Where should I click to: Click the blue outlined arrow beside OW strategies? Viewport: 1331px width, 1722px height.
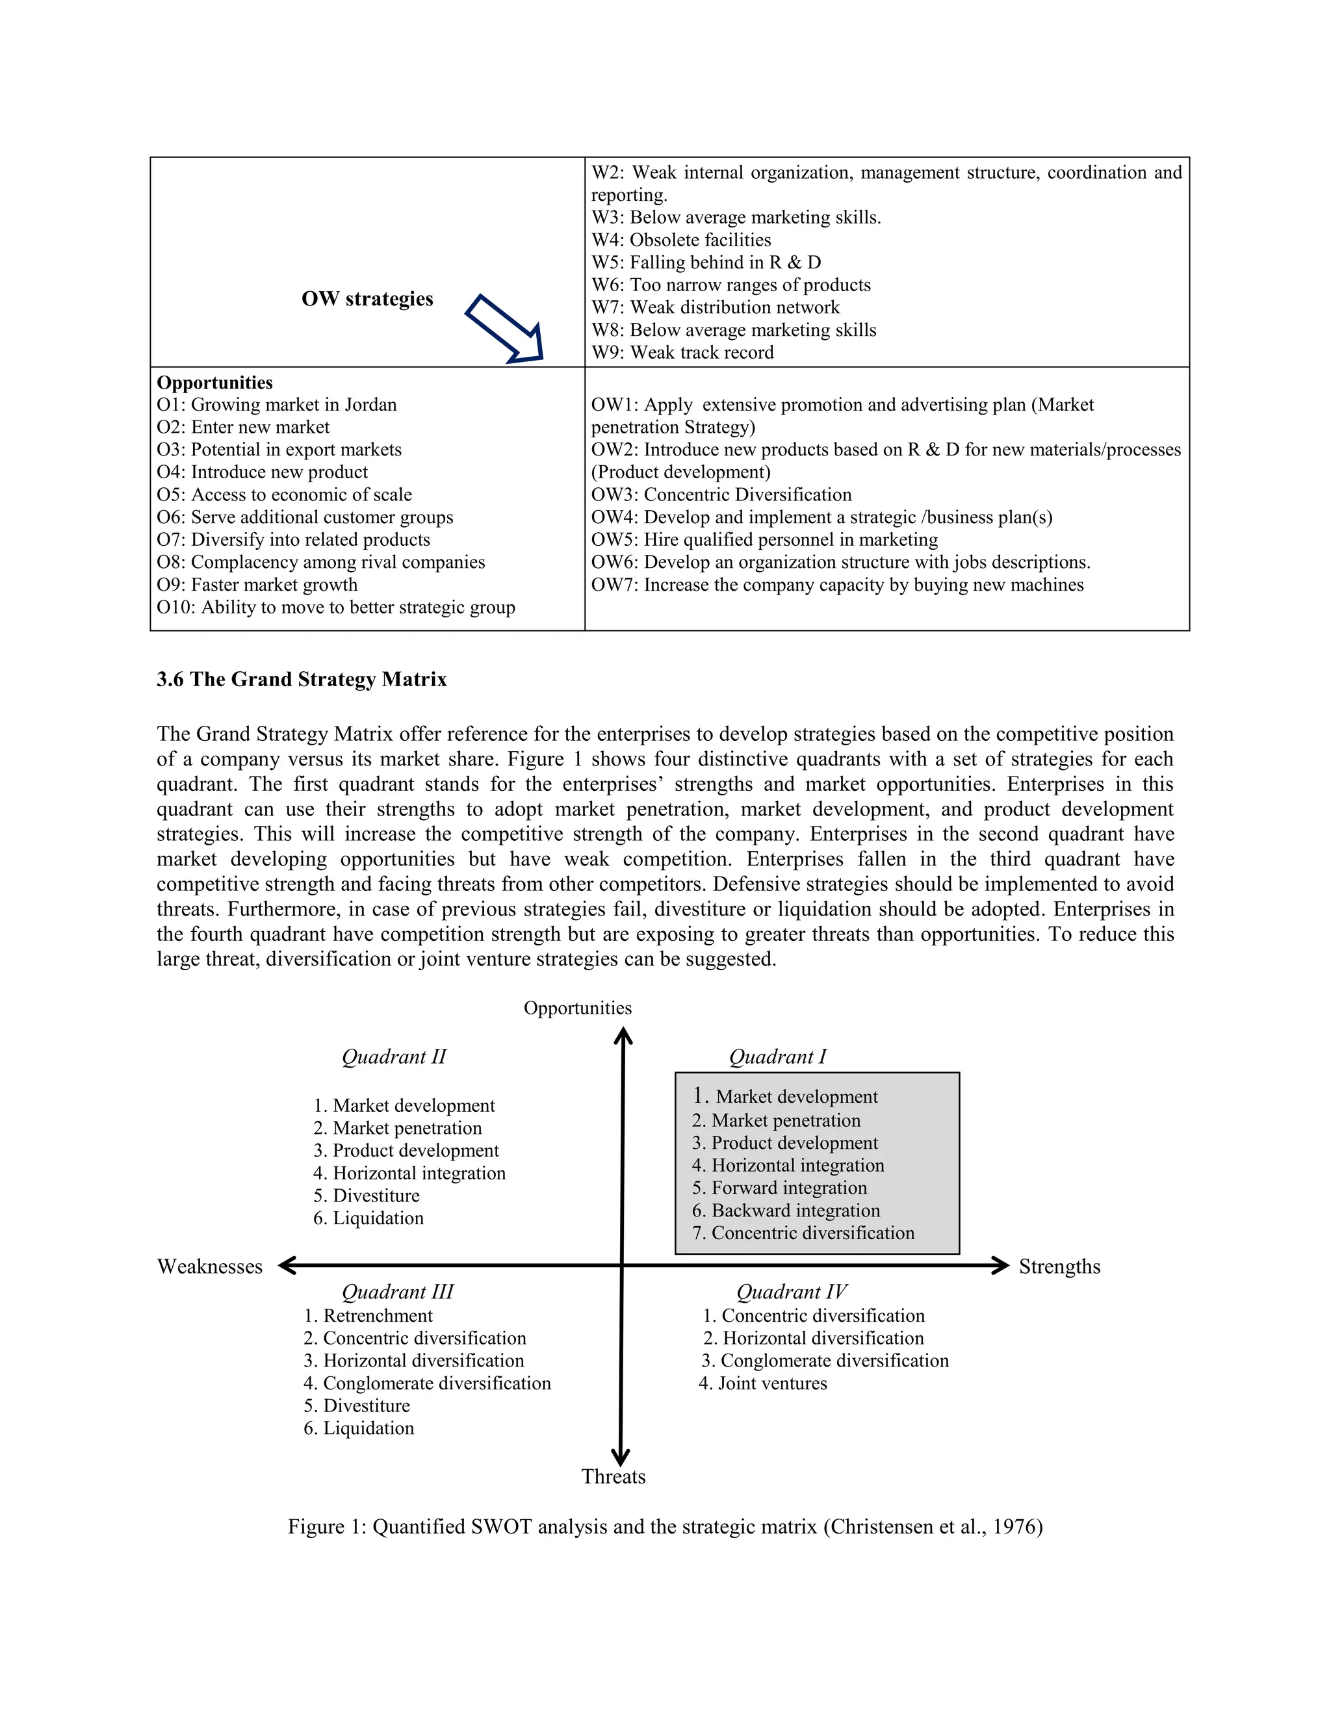pyautogui.click(x=504, y=329)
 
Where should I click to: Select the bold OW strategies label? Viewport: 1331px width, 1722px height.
pyautogui.click(x=367, y=299)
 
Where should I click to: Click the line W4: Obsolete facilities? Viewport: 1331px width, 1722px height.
pyautogui.click(x=681, y=240)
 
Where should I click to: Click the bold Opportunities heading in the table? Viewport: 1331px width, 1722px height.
pyautogui.click(x=214, y=382)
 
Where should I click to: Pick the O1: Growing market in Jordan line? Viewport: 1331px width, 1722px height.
pyautogui.click(x=276, y=404)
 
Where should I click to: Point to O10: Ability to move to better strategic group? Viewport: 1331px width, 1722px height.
pyautogui.click(x=335, y=607)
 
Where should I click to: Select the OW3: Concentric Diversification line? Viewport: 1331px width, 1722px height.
pyautogui.click(x=721, y=495)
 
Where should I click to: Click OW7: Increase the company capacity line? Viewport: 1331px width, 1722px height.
pyautogui.click(x=836, y=584)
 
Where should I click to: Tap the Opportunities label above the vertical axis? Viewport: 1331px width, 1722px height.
pyautogui.click(x=577, y=1008)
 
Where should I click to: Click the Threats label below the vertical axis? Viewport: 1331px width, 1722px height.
pyautogui.click(x=613, y=1476)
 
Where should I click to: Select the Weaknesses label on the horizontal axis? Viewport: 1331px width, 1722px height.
pyautogui.click(x=210, y=1266)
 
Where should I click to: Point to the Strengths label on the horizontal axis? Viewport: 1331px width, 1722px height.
pyautogui.click(x=1059, y=1266)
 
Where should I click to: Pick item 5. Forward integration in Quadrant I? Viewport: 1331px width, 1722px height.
pyautogui.click(x=779, y=1187)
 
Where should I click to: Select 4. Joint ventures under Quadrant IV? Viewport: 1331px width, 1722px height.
pyautogui.click(x=762, y=1383)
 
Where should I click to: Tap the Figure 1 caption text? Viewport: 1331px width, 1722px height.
pyautogui.click(x=665, y=1526)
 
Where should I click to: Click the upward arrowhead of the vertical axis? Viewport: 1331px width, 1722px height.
pyautogui.click(x=623, y=1034)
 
